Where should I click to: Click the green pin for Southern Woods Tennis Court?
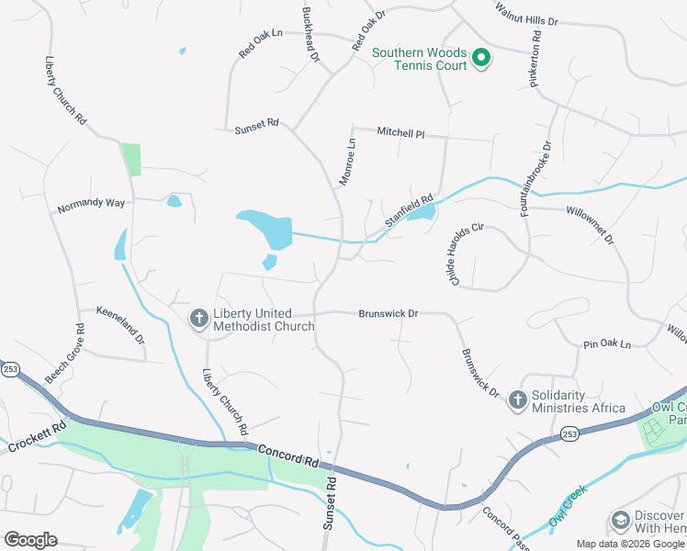[x=480, y=60]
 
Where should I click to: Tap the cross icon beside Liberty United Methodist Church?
[x=197, y=319]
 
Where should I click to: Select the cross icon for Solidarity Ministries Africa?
[x=517, y=400]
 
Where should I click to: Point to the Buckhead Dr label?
[x=310, y=35]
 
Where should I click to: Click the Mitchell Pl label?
[x=400, y=132]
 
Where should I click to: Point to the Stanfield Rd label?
[x=409, y=210]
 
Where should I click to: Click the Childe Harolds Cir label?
[x=466, y=253]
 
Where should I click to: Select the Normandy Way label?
[x=90, y=205]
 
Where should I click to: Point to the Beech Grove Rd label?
[x=65, y=354]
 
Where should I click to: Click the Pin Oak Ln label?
[x=607, y=344]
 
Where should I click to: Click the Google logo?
[x=30, y=539]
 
